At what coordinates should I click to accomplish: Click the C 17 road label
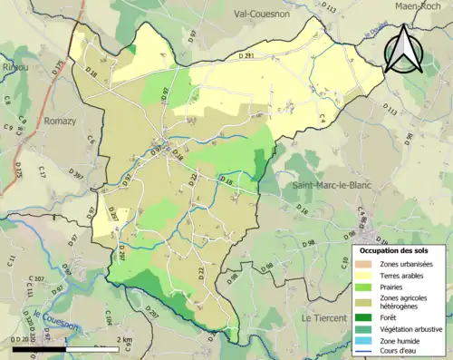[42, 171]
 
